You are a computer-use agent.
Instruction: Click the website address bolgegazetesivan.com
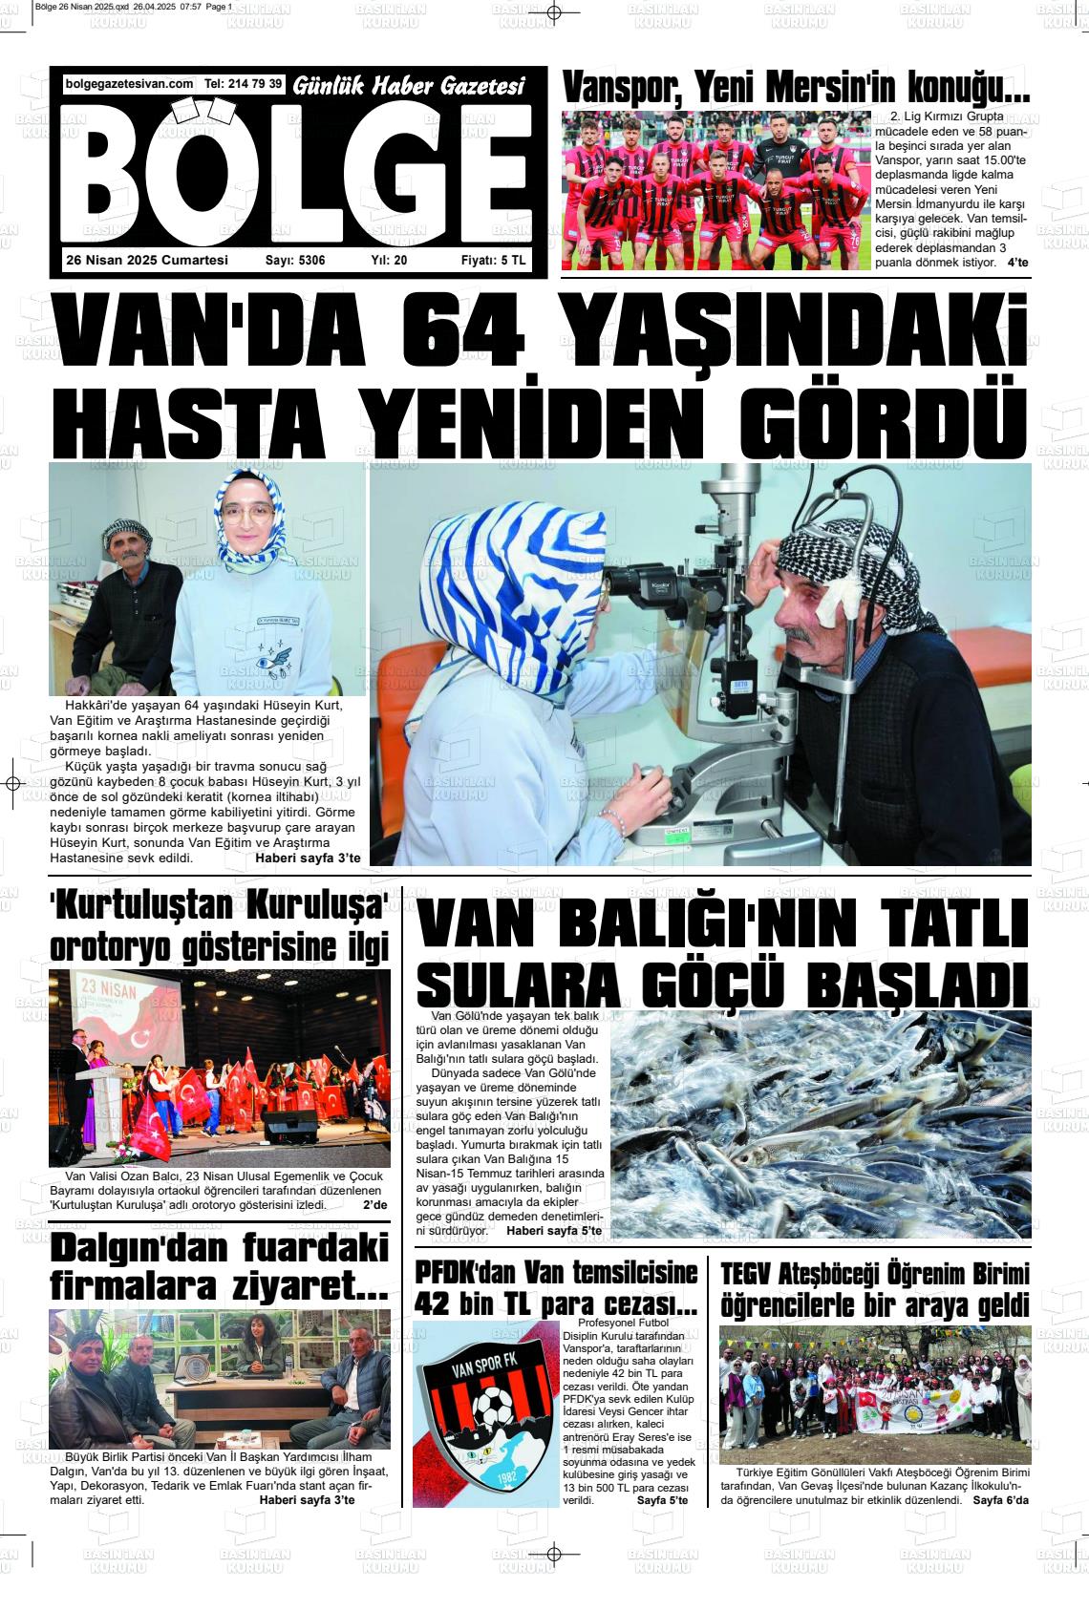[x=129, y=84]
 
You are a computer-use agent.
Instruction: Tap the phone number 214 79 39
[x=255, y=84]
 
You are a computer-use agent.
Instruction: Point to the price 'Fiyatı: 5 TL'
[x=493, y=260]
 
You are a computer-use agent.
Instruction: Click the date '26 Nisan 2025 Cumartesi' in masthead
[x=147, y=260]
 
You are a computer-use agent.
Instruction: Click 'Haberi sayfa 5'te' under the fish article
[x=553, y=1231]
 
